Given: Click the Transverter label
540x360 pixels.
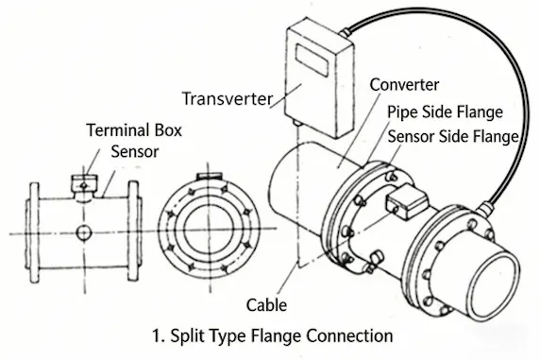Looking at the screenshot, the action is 228,99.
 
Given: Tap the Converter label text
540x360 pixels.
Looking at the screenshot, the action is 404,85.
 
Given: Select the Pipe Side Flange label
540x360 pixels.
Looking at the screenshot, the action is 445,112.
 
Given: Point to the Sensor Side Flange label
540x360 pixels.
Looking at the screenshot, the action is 453,137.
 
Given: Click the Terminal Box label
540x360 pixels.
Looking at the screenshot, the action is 134,130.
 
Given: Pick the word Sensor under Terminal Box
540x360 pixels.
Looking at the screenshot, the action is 135,152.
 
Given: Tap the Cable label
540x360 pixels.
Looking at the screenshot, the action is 266,305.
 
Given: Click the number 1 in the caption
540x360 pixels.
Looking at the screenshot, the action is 157,335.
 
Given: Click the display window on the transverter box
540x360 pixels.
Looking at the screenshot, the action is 312,60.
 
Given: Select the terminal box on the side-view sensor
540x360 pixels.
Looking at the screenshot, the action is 84,185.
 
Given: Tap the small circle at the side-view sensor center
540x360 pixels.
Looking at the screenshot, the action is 84,232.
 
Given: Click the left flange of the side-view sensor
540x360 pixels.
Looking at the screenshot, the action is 33,232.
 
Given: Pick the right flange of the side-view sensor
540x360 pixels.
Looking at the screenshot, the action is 134,231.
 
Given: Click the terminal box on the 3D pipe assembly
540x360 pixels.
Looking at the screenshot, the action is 407,201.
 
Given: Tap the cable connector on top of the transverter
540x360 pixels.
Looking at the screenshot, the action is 346,32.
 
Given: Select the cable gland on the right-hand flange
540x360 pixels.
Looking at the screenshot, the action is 484,209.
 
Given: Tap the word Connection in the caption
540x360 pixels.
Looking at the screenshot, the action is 349,335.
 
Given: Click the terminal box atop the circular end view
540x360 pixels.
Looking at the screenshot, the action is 209,176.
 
